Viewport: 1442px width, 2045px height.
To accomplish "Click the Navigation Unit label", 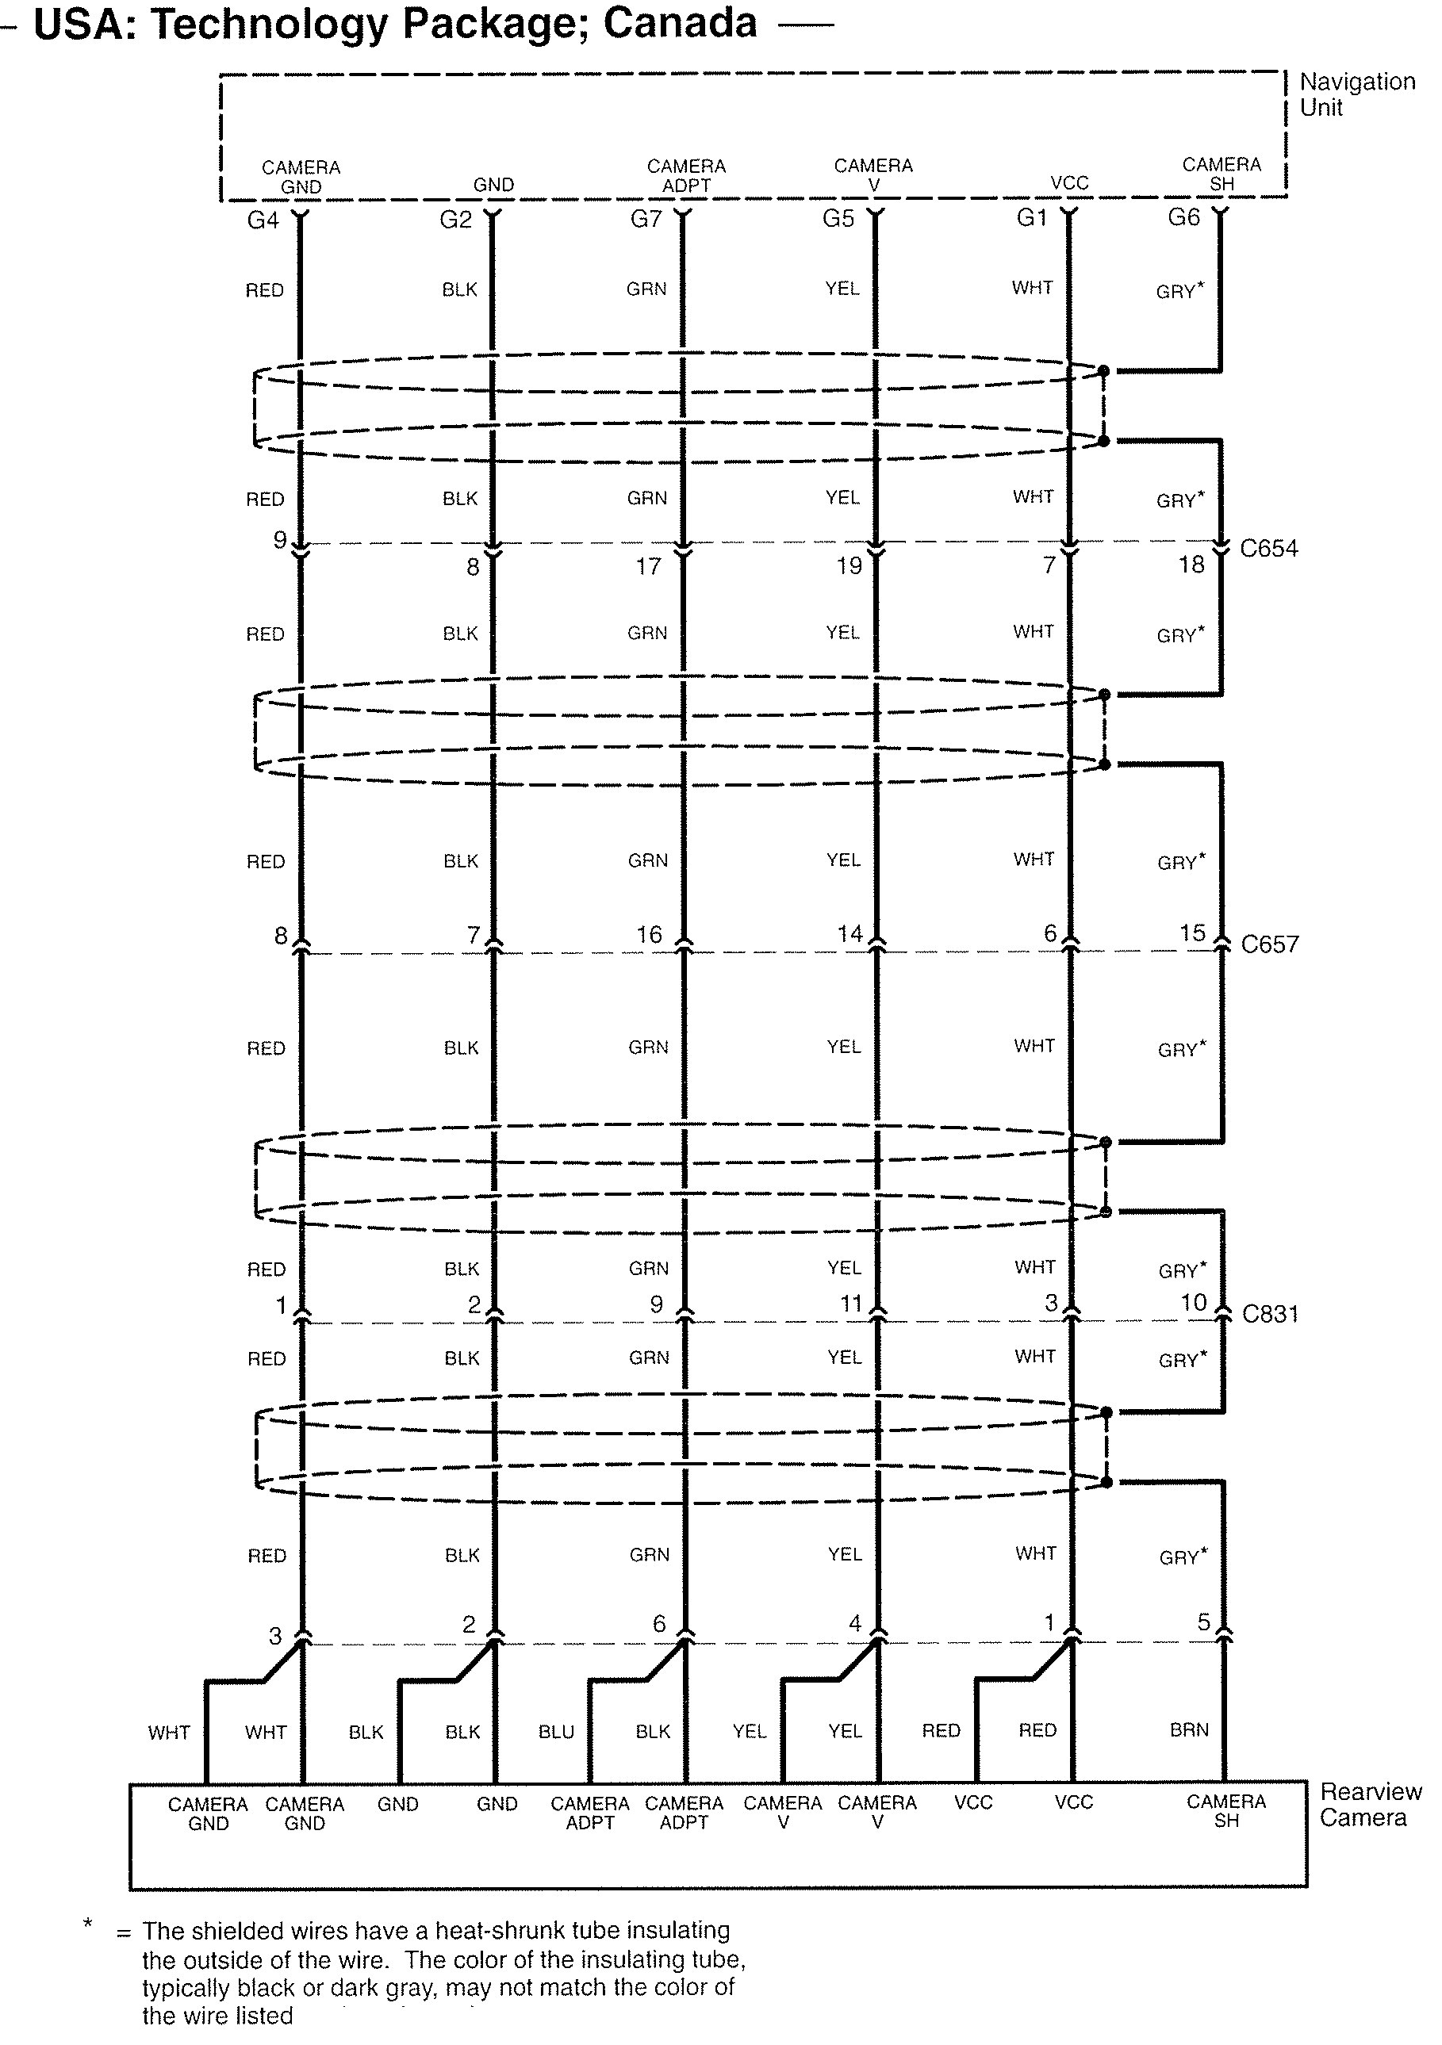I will pyautogui.click(x=1356, y=94).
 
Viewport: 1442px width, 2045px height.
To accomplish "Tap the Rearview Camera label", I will pyautogui.click(x=1370, y=1805).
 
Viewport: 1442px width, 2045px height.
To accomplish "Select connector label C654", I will pyautogui.click(x=1268, y=549).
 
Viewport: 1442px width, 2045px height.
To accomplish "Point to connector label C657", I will pyautogui.click(x=1269, y=944).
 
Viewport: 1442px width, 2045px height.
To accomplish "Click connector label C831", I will pyautogui.click(x=1270, y=1314).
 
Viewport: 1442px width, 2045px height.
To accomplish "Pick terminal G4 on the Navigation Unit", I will pyautogui.click(x=263, y=220).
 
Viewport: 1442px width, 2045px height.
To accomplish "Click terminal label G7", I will pyautogui.click(x=646, y=219).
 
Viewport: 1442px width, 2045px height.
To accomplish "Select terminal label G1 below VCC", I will pyautogui.click(x=1031, y=218).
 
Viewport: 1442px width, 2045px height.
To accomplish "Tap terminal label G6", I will pyautogui.click(x=1183, y=217).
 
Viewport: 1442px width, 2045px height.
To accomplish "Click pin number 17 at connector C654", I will pyautogui.click(x=647, y=566).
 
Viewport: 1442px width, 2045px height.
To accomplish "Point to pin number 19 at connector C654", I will pyautogui.click(x=848, y=565).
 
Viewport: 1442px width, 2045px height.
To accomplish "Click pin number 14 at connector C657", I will pyautogui.click(x=849, y=933).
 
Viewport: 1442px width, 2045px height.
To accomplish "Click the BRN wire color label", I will pyautogui.click(x=1189, y=1729).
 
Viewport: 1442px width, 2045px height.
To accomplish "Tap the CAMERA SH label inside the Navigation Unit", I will pyautogui.click(x=1221, y=174).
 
